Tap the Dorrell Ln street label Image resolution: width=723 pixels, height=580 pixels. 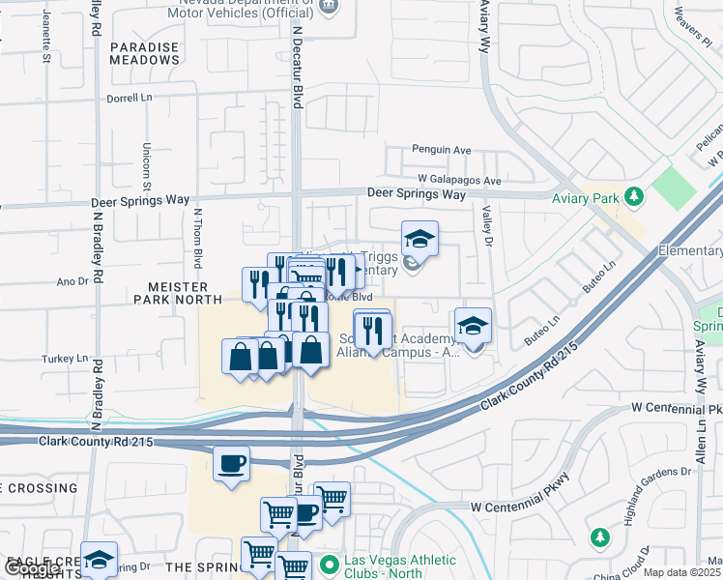click(130, 98)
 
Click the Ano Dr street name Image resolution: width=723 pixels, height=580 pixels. click(72, 281)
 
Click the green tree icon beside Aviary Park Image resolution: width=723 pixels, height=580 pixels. click(634, 197)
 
